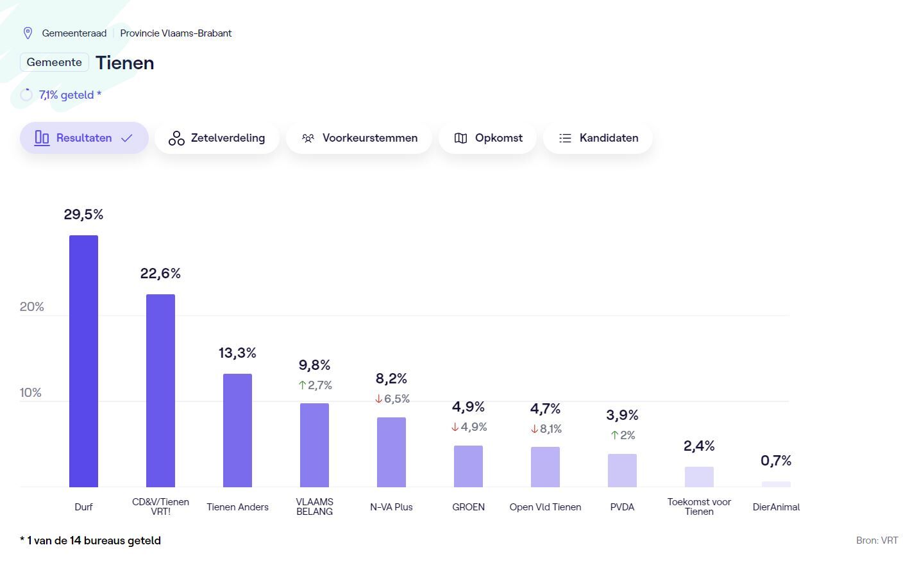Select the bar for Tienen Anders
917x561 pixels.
pos(237,430)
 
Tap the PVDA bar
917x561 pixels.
pos(622,471)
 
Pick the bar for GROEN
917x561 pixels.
pos(468,466)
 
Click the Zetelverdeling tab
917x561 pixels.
pos(217,138)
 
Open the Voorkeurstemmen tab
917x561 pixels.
pos(359,138)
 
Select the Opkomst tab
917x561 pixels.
pos(488,138)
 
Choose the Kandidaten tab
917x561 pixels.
pos(598,138)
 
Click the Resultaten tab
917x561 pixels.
pos(84,138)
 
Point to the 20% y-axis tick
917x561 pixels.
pos(32,306)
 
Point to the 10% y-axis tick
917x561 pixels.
pos(31,392)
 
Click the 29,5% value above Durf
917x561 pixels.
pos(83,214)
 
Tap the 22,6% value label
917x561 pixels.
pos(160,273)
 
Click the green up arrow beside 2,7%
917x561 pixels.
pos(302,385)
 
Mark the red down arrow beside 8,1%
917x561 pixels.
pos(534,429)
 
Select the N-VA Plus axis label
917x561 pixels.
pos(391,507)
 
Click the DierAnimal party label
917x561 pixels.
pos(776,507)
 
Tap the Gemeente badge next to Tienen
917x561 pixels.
pos(55,62)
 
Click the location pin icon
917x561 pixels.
pos(28,33)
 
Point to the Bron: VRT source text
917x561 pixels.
pos(877,540)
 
